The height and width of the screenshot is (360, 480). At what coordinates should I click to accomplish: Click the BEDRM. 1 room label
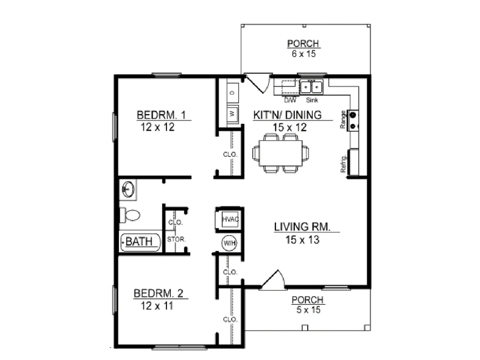[161, 115]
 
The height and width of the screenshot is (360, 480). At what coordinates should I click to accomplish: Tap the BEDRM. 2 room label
[158, 293]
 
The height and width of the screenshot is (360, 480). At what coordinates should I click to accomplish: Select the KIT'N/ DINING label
[288, 115]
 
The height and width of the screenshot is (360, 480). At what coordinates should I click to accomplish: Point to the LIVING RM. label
[302, 227]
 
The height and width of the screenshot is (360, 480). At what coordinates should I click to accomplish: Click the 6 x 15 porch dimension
[304, 54]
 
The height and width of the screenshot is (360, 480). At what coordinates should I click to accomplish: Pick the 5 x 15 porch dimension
[308, 310]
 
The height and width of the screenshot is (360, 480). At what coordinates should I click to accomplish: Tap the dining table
[281, 153]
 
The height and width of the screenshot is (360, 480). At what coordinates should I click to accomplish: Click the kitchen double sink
[312, 87]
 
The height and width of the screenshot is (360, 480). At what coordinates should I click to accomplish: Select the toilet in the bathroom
[130, 215]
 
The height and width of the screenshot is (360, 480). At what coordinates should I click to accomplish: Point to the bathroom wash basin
[128, 190]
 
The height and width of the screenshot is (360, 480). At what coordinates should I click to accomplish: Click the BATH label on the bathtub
[139, 241]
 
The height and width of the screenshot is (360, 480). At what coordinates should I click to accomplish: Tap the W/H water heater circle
[229, 243]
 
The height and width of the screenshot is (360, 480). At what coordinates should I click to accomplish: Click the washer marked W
[233, 114]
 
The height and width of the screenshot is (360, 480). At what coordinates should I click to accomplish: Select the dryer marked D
[233, 92]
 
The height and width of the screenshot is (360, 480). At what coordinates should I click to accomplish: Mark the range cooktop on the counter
[353, 120]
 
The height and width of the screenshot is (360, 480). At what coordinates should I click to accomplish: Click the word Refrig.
[343, 164]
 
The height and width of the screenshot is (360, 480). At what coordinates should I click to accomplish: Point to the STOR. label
[176, 240]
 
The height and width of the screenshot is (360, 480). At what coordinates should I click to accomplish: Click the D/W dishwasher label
[290, 100]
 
